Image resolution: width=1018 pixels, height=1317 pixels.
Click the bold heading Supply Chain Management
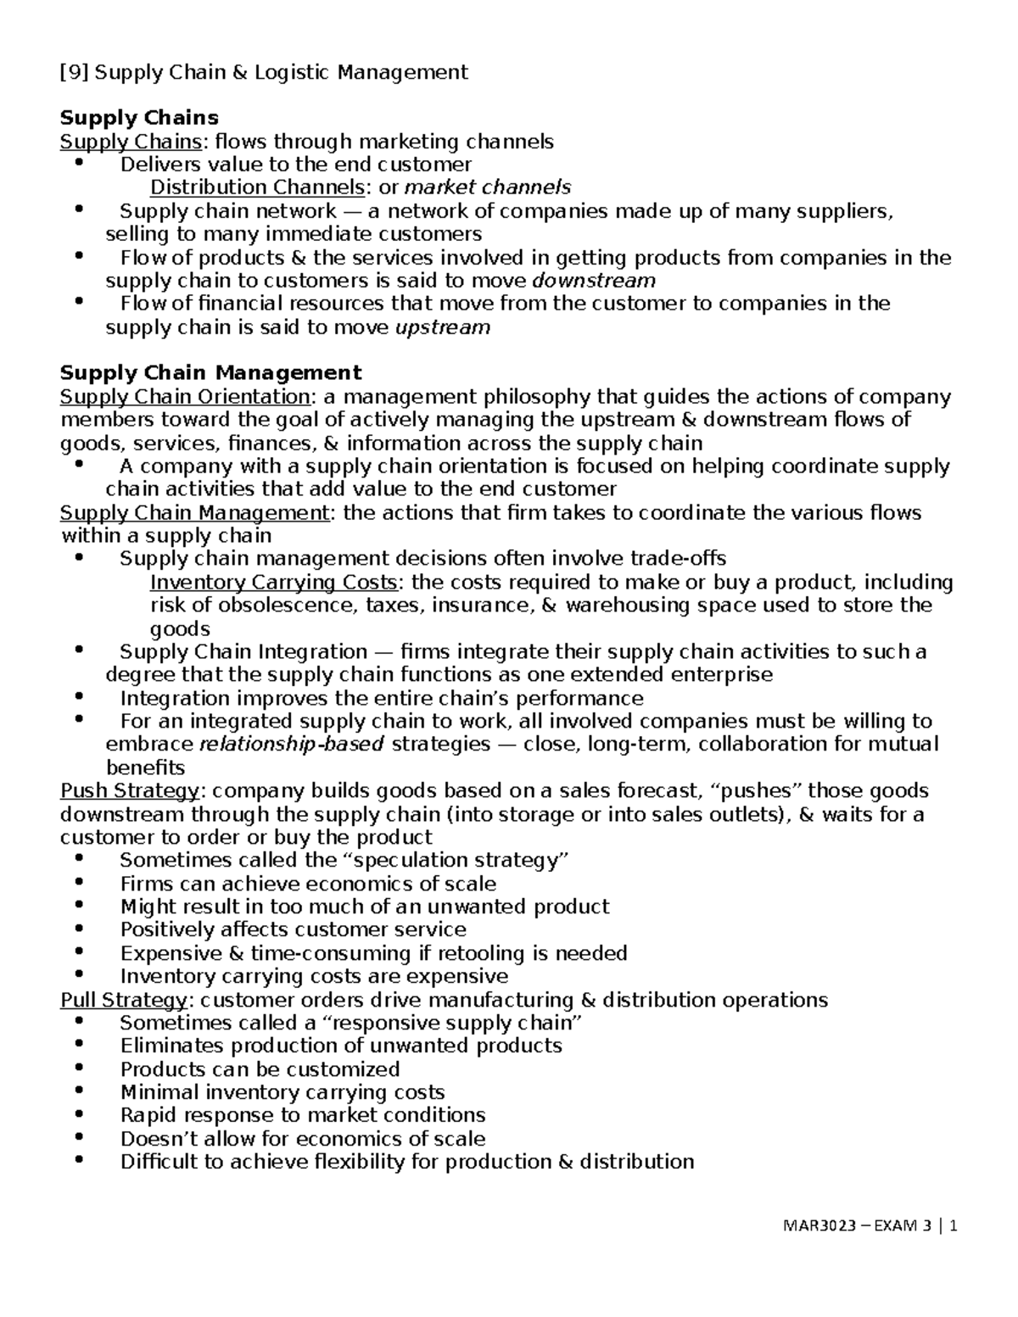tap(210, 373)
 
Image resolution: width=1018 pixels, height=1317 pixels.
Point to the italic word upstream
tap(443, 327)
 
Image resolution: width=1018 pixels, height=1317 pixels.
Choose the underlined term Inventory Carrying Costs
tap(273, 583)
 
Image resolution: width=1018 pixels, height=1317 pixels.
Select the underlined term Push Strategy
tap(130, 791)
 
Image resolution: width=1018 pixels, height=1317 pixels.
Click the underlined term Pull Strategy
tap(124, 1001)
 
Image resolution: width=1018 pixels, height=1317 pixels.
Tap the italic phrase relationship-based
tap(291, 745)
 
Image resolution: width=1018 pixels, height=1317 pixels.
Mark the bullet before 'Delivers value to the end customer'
tap(80, 163)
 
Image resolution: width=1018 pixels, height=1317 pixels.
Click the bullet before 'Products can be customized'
tap(80, 1069)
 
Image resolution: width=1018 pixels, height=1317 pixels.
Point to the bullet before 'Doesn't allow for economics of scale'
tap(80, 1138)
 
